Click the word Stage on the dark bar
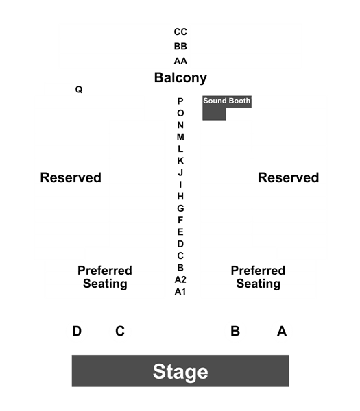click(180, 371)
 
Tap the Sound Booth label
click(227, 101)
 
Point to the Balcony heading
click(180, 78)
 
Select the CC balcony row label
click(180, 32)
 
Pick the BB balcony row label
click(180, 46)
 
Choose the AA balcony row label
click(180, 61)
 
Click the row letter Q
click(79, 89)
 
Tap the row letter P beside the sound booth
click(180, 101)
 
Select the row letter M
click(180, 137)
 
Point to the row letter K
click(180, 161)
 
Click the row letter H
click(180, 197)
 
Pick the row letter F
click(180, 220)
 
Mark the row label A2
click(180, 279)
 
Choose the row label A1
click(180, 292)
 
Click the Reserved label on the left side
click(71, 177)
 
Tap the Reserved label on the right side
click(289, 177)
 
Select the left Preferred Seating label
click(105, 277)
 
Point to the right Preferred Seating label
click(259, 277)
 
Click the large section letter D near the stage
click(77, 331)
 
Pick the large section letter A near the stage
click(282, 331)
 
